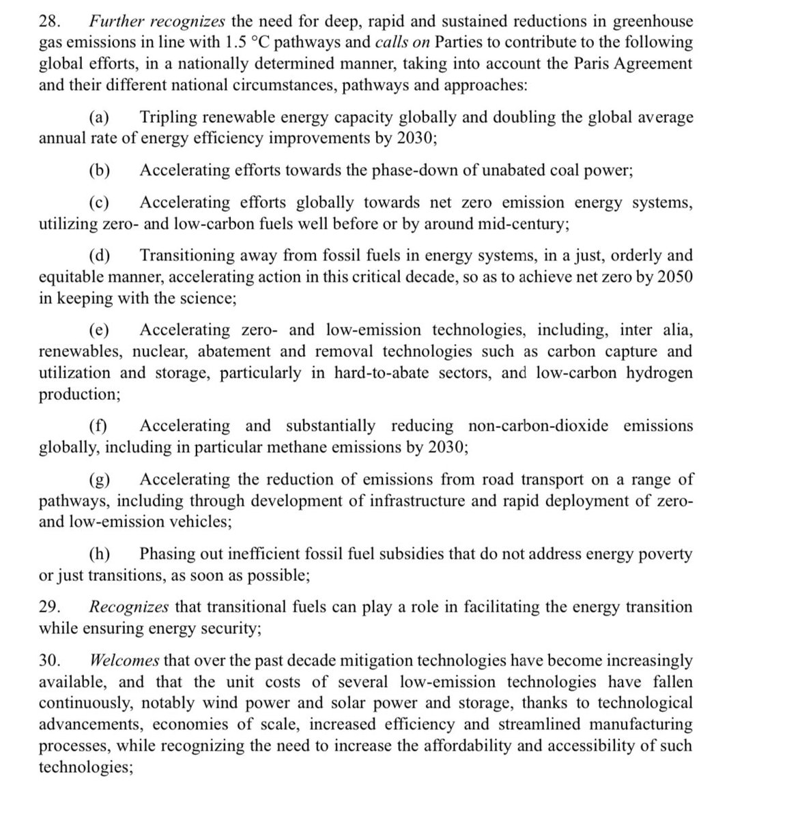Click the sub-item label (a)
click(100, 117)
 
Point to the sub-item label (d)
click(100, 255)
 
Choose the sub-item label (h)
click(100, 554)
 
